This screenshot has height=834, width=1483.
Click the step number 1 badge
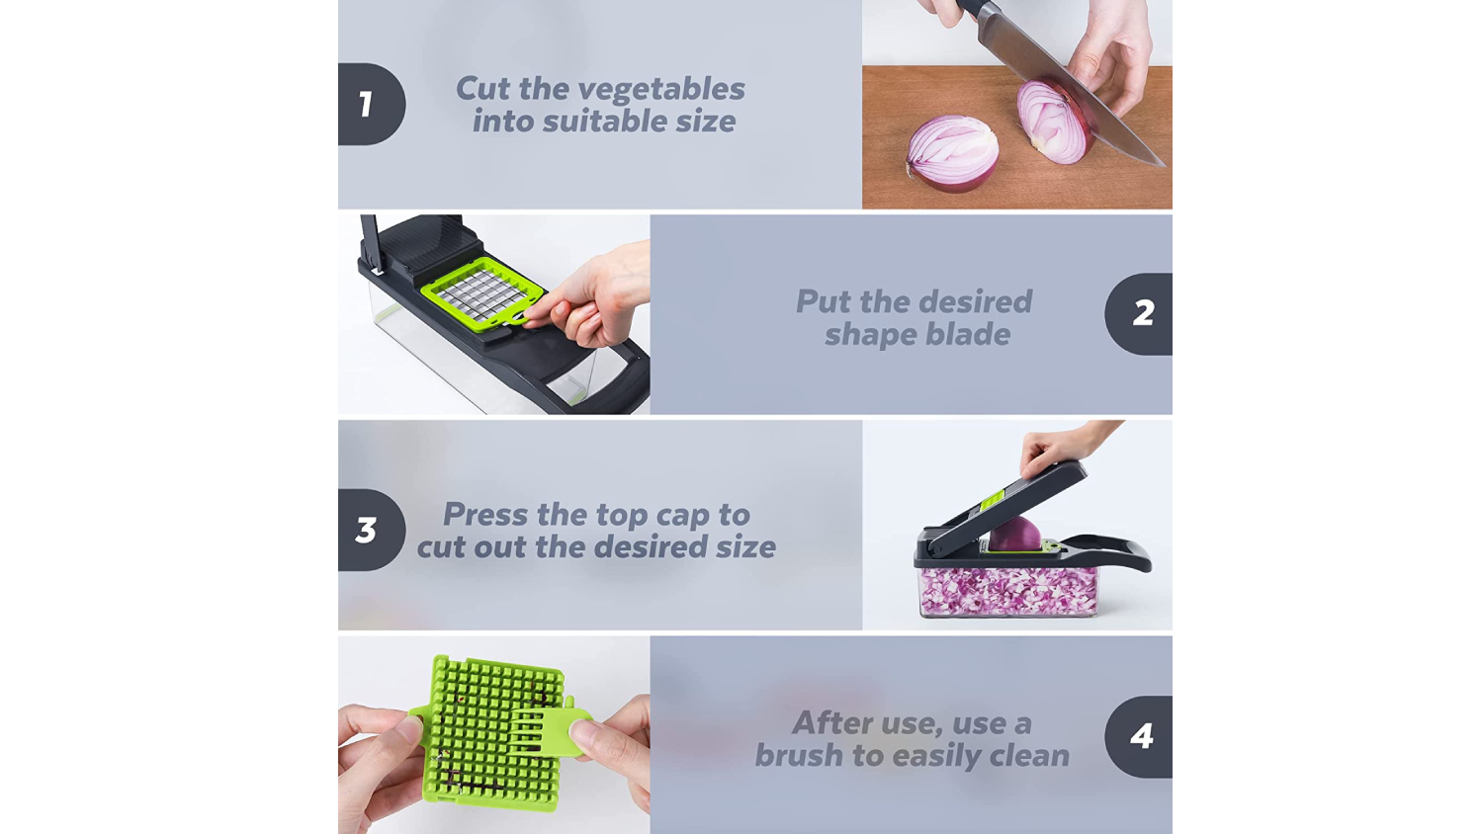[x=372, y=104]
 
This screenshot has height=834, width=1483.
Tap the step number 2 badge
[x=1139, y=314]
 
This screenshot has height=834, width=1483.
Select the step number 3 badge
[x=372, y=530]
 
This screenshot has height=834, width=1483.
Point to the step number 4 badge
[x=1139, y=736]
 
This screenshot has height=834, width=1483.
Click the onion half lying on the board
[x=953, y=153]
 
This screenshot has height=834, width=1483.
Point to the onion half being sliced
[x=1054, y=123]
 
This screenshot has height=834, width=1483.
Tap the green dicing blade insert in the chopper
[x=482, y=293]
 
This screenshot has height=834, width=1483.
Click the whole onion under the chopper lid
[x=1015, y=534]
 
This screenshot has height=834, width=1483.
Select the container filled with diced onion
[x=1007, y=592]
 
